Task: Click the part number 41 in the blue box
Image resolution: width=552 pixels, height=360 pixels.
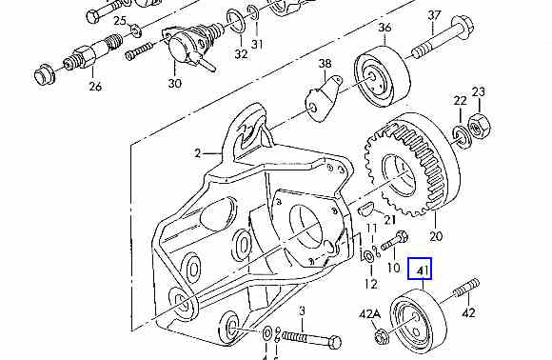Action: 423,270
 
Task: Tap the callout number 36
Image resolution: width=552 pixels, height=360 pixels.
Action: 384,28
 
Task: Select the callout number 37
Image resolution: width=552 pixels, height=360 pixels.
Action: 434,15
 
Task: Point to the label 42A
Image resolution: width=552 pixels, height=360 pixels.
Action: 370,313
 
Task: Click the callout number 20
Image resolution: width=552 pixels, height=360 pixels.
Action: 436,235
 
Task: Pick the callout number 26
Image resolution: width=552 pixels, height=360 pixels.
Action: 95,86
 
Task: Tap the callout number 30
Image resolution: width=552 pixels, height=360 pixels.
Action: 175,83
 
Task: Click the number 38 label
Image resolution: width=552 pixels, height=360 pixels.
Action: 325,64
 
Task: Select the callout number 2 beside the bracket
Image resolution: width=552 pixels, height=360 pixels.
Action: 198,153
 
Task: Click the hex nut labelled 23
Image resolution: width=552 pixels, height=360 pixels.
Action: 479,127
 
